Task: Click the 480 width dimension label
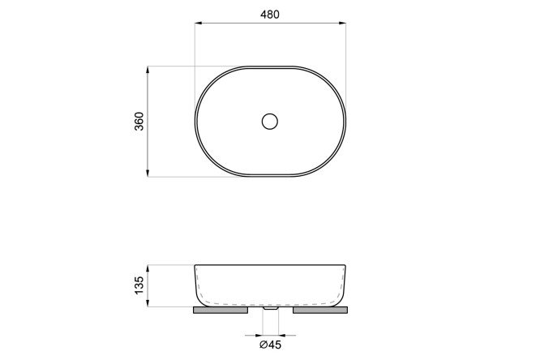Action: [270, 15]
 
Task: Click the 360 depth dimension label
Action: [139, 122]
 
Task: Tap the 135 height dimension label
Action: [139, 285]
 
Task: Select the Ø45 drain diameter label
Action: [270, 345]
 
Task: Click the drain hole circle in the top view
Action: [270, 114]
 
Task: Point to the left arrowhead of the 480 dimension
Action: [199, 24]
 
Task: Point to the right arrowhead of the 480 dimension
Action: [342, 24]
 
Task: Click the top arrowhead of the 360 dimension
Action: [148, 70]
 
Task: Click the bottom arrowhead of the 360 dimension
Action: [148, 173]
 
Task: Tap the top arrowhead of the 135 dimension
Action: [148, 268]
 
